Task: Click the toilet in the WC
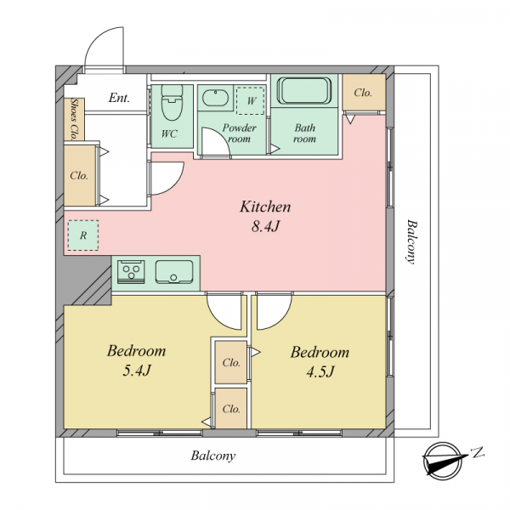[172, 103]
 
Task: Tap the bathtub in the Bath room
[304, 90]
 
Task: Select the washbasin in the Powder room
[215, 98]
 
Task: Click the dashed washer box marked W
[251, 100]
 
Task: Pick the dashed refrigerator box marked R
[83, 235]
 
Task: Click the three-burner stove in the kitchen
[131, 271]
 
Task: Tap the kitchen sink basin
[174, 272]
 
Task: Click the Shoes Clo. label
[75, 119]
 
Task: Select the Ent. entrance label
[119, 98]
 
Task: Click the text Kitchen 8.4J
[265, 216]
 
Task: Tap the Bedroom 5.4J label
[137, 360]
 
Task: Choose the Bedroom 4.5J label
[320, 361]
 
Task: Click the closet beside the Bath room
[364, 93]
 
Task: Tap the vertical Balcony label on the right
[411, 242]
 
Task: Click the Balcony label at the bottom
[213, 456]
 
